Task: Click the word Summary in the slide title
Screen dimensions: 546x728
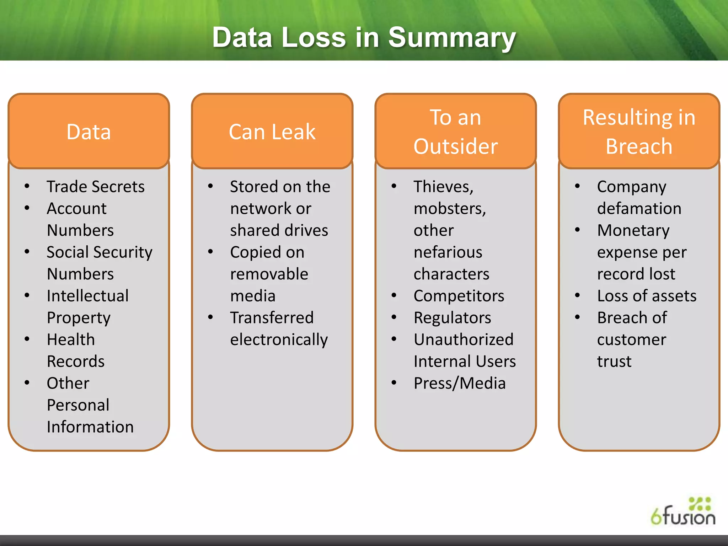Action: pos(451,38)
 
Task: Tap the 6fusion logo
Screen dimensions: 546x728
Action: pos(683,512)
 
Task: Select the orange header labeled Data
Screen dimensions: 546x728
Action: pos(89,132)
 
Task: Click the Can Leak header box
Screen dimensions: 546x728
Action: pos(272,132)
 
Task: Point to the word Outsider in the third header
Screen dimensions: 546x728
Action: pos(455,146)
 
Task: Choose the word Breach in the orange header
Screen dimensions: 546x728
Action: pos(639,146)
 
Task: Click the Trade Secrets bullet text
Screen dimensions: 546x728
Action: pos(96,187)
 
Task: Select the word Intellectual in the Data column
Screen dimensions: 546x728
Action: pos(87,296)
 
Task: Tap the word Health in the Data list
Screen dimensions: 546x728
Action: pos(71,339)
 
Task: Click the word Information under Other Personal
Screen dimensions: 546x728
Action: pos(90,427)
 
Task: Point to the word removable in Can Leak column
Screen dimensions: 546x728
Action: pos(269,274)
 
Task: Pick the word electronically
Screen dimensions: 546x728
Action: pos(279,340)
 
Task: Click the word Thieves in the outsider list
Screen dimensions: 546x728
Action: pos(443,187)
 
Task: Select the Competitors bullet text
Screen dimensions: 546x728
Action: pos(459,296)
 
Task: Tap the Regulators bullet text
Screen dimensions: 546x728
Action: pos(452,318)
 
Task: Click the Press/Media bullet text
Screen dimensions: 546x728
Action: pos(460,383)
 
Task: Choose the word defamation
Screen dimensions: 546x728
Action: pos(639,208)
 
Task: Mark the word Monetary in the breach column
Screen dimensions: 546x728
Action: pos(633,230)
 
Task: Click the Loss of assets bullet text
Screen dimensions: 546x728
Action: pos(647,296)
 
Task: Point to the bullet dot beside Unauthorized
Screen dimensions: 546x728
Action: pos(394,339)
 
